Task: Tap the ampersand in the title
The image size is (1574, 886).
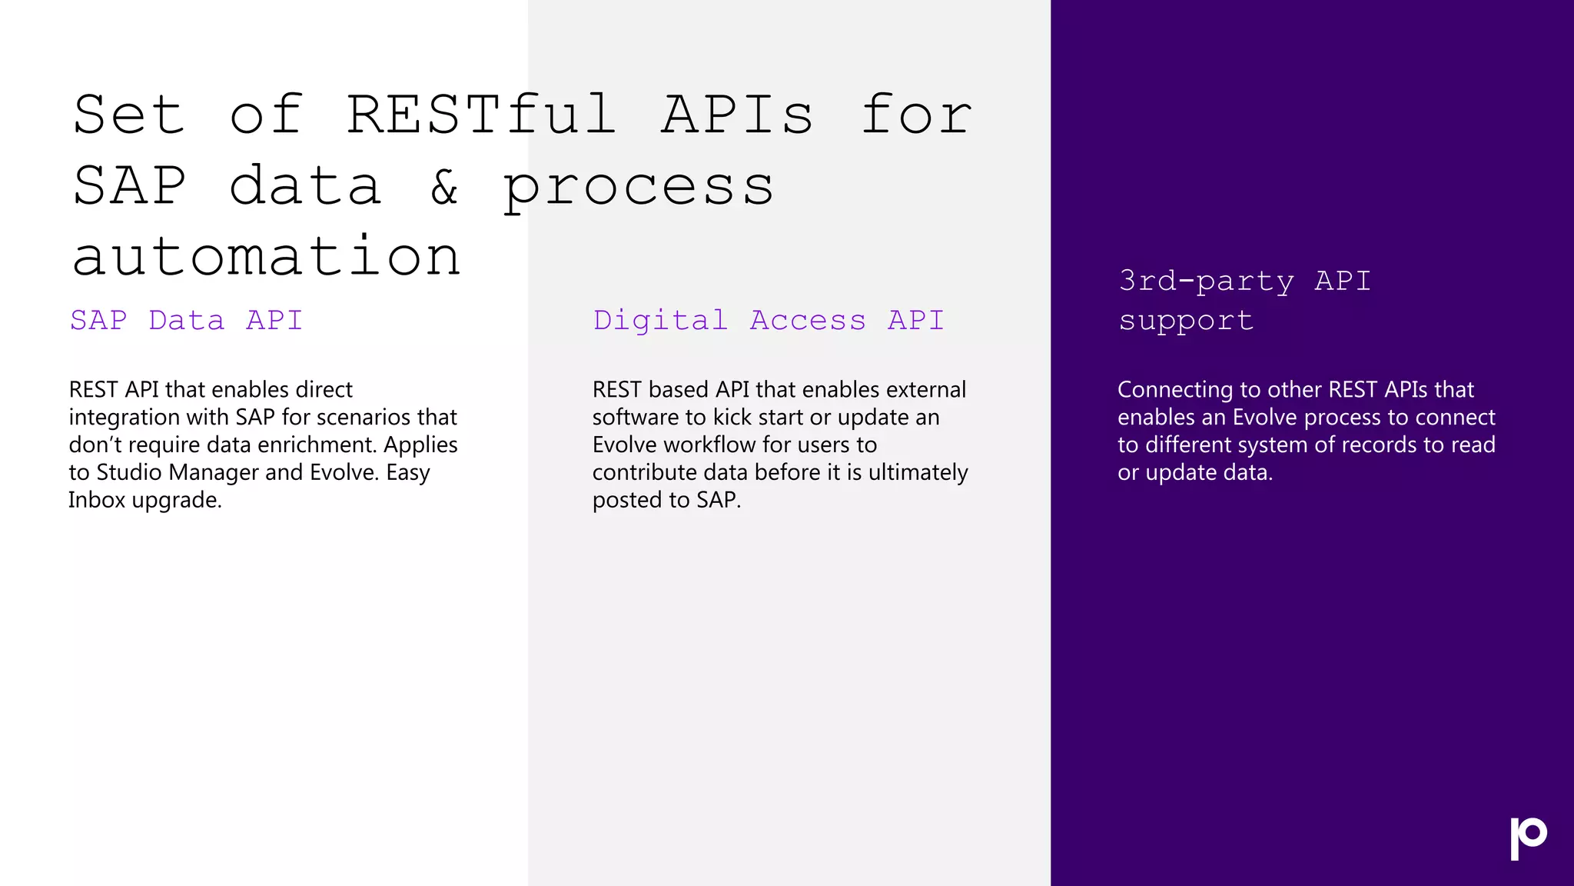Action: point(444,187)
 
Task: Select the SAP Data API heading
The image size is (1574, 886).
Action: point(187,320)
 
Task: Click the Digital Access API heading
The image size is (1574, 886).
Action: point(769,320)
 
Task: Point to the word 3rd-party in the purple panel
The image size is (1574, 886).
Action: point(1206,281)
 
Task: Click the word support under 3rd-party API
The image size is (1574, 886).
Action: point(1186,321)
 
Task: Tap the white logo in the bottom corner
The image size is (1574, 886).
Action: point(1528,838)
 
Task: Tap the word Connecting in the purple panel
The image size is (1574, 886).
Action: point(1174,390)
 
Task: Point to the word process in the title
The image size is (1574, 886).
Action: point(638,187)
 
